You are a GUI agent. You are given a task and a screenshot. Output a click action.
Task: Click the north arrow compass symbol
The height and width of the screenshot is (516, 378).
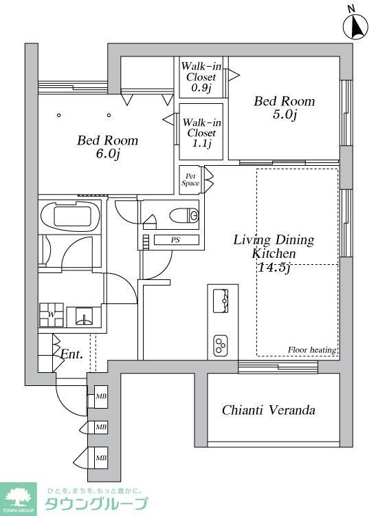click(355, 26)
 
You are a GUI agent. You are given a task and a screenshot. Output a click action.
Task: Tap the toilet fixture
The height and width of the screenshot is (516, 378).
click(184, 215)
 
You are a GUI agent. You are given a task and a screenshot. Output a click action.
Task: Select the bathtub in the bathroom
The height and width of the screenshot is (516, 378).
click(71, 217)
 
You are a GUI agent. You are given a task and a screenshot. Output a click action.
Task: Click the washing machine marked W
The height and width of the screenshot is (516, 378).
click(52, 314)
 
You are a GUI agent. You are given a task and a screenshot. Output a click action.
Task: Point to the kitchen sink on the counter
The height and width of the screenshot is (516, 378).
click(221, 301)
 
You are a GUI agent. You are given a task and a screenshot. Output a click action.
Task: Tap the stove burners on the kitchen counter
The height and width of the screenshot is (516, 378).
click(221, 345)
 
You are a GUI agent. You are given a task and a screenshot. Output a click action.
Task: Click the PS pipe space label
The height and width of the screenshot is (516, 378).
click(176, 240)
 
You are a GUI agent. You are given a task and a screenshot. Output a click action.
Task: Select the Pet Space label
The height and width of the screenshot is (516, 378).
click(190, 180)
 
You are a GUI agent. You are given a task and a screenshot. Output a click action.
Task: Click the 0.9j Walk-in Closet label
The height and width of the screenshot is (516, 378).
click(201, 77)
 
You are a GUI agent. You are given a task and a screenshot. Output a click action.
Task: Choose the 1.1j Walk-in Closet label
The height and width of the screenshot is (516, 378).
click(201, 133)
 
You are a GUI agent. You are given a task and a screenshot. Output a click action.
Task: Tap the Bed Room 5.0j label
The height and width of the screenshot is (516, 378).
click(284, 107)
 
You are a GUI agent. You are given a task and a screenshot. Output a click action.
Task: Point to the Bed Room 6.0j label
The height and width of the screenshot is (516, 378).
click(107, 147)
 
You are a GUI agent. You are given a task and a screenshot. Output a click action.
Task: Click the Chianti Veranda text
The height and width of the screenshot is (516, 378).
click(269, 410)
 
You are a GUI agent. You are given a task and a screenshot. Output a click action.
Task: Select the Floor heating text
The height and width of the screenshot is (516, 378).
click(312, 350)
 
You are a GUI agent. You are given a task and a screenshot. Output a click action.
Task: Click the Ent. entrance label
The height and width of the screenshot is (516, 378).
click(71, 354)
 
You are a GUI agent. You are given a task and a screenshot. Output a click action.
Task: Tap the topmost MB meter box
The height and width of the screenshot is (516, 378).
click(101, 396)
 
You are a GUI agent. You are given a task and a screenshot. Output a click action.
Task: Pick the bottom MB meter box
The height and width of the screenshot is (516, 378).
click(101, 458)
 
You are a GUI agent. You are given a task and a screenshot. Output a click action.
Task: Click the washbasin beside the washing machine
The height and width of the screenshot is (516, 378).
click(84, 316)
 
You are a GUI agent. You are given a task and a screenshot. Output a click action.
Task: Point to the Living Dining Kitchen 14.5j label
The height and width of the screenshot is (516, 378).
click(274, 253)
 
